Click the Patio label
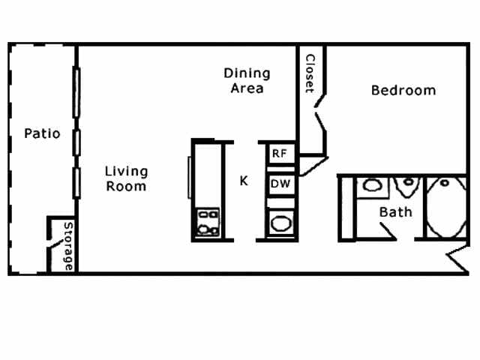click(41, 134)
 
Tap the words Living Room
click(126, 178)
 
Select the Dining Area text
click(247, 80)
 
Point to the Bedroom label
click(403, 91)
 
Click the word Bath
click(395, 211)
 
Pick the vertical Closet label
click(309, 73)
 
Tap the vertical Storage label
click(68, 246)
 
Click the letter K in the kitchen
click(244, 181)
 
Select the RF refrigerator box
click(280, 153)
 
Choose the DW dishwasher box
click(280, 184)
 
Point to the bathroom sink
click(370, 186)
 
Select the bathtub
click(445, 208)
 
